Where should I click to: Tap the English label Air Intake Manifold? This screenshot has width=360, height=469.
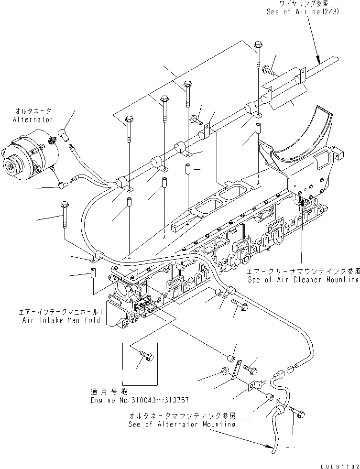click(62, 320)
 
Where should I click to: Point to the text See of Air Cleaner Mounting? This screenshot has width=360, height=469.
click(303, 280)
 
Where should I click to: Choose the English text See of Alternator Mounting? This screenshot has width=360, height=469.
click(182, 424)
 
